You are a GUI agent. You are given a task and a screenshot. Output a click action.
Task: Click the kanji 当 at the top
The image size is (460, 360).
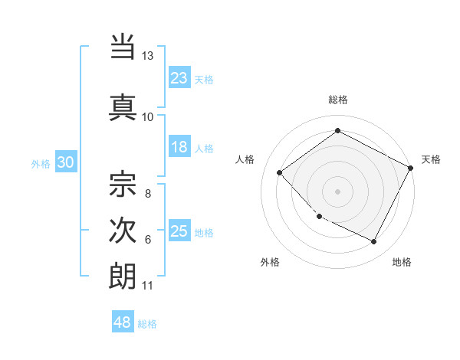(123, 47)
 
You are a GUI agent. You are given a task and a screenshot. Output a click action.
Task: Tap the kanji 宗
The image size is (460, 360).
(123, 184)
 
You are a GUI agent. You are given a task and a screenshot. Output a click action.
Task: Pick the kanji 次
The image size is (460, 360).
(123, 229)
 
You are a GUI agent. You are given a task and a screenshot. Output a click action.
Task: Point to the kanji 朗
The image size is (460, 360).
(123, 276)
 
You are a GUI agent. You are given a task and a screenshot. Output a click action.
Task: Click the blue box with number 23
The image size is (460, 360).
(179, 78)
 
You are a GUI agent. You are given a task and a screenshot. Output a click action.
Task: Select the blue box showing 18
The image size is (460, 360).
(179, 147)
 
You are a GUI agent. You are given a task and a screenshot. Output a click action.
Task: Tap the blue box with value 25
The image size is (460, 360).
(179, 231)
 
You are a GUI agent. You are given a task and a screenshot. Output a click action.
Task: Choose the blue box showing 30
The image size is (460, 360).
(65, 162)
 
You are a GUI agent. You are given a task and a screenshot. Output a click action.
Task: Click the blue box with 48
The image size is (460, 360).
(123, 322)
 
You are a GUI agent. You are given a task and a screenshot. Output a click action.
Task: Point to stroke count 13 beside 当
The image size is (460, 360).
(148, 56)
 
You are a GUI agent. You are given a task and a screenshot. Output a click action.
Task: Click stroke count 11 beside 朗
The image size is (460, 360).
(147, 286)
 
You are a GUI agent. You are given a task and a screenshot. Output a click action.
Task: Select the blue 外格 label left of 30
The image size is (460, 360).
(40, 163)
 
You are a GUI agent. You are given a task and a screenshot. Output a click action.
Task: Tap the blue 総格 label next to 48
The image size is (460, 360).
(147, 324)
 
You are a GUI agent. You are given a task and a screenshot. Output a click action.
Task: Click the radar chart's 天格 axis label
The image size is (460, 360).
(431, 159)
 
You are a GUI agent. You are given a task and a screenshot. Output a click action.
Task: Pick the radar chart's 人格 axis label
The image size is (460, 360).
(245, 159)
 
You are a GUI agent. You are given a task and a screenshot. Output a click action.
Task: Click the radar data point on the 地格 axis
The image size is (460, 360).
(374, 242)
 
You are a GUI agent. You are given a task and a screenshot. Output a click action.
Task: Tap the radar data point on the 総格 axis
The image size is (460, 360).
(337, 131)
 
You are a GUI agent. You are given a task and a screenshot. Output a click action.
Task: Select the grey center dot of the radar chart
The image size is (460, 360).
(337, 191)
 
